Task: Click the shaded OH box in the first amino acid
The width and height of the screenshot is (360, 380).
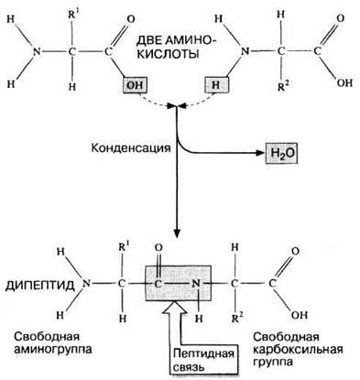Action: (135, 84)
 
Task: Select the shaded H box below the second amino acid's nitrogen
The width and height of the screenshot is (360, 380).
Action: (216, 84)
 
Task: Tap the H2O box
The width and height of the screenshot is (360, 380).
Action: (281, 153)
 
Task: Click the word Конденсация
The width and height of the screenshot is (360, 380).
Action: (131, 148)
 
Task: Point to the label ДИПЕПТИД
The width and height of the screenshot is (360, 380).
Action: (40, 286)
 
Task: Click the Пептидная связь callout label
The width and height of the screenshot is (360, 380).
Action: (203, 361)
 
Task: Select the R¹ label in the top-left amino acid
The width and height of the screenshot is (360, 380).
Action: (72, 15)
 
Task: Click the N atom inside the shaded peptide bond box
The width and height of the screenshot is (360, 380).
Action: (195, 284)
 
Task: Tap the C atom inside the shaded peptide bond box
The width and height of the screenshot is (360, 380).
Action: (158, 284)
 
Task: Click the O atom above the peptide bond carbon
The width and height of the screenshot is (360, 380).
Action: (158, 248)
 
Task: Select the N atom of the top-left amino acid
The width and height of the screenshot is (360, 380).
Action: (37, 51)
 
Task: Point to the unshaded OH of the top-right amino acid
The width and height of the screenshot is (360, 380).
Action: (345, 83)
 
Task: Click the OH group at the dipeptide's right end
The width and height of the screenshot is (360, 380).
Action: (300, 315)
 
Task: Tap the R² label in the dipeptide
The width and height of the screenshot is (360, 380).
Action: (237, 318)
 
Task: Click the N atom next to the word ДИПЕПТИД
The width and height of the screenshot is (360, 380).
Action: (87, 284)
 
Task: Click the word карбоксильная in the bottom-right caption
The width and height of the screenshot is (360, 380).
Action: (298, 350)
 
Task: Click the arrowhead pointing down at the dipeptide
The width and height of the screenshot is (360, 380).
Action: (177, 233)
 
